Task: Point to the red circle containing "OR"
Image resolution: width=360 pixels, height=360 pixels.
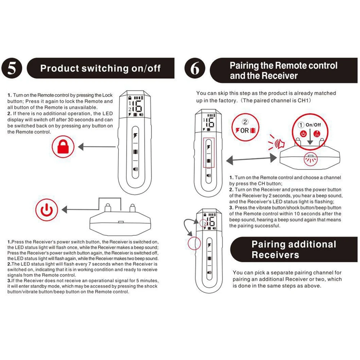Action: (245, 127)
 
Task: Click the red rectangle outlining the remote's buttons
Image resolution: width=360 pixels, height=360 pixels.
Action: (209, 153)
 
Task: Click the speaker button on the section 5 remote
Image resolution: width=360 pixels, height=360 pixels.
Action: (135, 168)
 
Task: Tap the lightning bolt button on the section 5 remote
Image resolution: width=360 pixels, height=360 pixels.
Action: (135, 136)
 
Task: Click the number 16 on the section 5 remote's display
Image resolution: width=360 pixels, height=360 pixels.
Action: (137, 107)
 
